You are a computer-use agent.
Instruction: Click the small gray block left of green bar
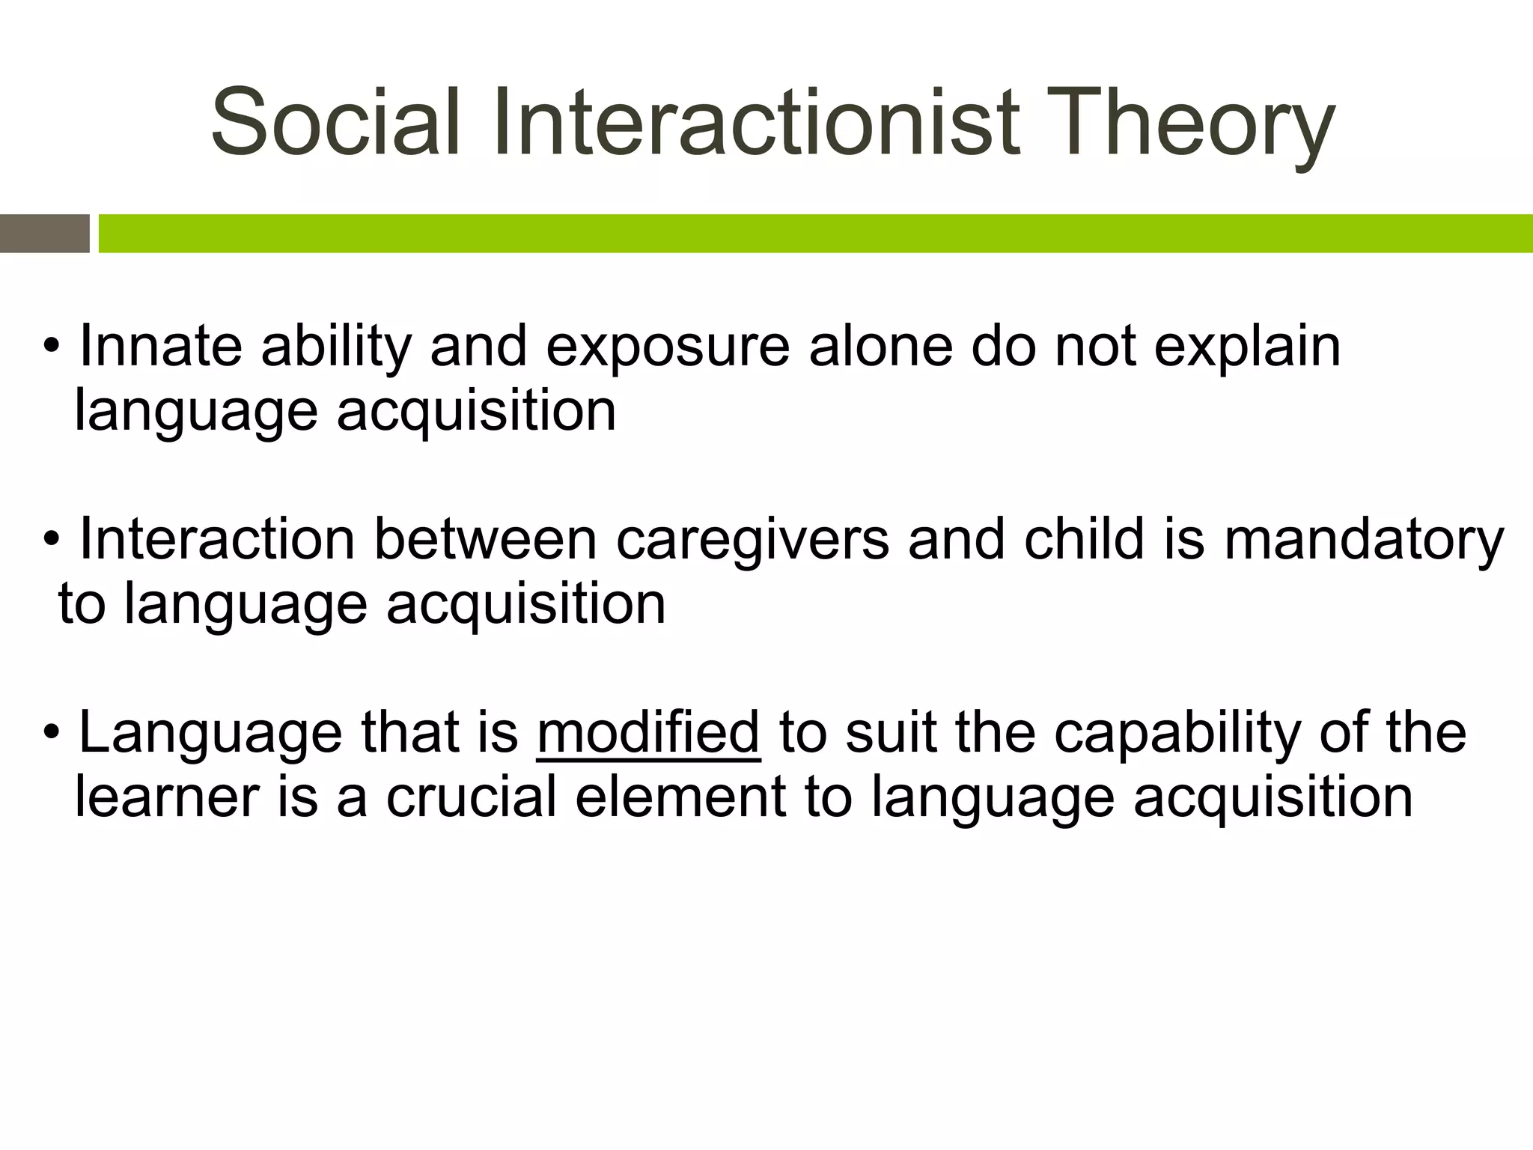(44, 234)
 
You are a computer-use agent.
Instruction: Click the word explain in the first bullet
(1247, 348)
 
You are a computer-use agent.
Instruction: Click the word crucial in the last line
(471, 797)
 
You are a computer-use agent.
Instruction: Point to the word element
(680, 797)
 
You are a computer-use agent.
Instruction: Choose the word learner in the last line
(166, 797)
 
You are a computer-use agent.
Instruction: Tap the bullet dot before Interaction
(51, 540)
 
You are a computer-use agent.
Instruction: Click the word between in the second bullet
(485, 539)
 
